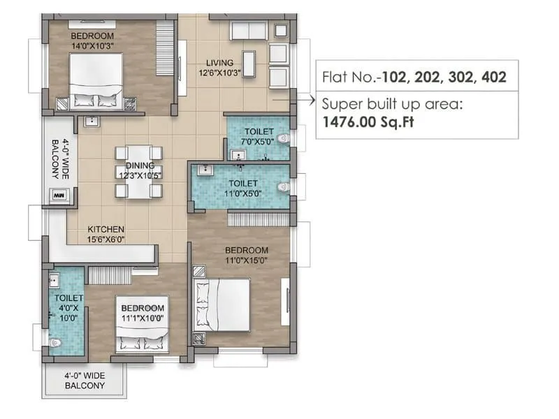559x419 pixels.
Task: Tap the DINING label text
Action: (x=140, y=166)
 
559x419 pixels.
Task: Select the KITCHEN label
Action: (x=106, y=229)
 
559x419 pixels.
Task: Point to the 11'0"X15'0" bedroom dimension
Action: (x=246, y=260)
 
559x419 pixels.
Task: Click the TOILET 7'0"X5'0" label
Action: (x=258, y=137)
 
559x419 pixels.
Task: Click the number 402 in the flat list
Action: (x=494, y=76)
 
